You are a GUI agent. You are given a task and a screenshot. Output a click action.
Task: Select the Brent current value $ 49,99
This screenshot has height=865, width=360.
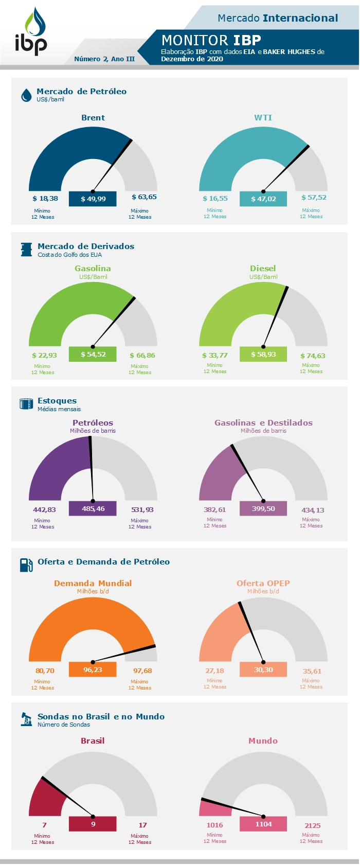pos(93,199)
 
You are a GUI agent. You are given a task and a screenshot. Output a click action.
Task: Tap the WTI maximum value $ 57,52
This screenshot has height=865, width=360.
pos(314,198)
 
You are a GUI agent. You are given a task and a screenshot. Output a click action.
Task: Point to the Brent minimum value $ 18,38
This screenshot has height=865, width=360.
pos(45,198)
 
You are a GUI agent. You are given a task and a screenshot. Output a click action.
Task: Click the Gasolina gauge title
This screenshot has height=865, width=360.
pos(93,269)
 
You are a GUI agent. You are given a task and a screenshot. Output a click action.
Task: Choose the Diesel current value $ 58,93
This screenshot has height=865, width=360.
pos(263,355)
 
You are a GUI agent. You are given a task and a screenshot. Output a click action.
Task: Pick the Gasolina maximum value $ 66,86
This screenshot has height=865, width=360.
pos(142,356)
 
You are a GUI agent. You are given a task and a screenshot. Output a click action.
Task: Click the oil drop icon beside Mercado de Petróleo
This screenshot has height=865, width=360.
pos(26,95)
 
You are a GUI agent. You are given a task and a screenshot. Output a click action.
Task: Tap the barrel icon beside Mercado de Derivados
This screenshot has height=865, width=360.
pos(26,250)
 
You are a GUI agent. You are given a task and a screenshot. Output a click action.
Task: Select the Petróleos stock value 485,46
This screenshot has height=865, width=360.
pos(93,509)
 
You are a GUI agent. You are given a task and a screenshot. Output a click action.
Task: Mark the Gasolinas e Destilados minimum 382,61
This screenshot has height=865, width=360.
pos(214,510)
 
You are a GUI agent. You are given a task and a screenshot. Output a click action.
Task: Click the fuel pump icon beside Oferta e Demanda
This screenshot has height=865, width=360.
pos(26,565)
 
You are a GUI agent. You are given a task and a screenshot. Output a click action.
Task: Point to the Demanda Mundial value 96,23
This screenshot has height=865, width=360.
pos(93,670)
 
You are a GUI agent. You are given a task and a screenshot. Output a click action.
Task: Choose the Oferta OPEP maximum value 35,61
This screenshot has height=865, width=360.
pos(312,672)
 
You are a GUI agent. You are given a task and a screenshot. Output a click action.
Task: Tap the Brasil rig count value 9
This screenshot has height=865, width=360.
pos(93,824)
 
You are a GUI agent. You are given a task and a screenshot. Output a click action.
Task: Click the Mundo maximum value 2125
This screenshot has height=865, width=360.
pos(312,826)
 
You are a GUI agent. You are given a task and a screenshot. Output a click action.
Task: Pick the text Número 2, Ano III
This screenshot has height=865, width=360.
pos(104,59)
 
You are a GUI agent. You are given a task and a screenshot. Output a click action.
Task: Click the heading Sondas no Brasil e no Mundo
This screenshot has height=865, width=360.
pos(101,717)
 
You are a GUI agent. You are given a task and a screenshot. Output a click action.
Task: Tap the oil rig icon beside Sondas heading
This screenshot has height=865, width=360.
pos(26,719)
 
